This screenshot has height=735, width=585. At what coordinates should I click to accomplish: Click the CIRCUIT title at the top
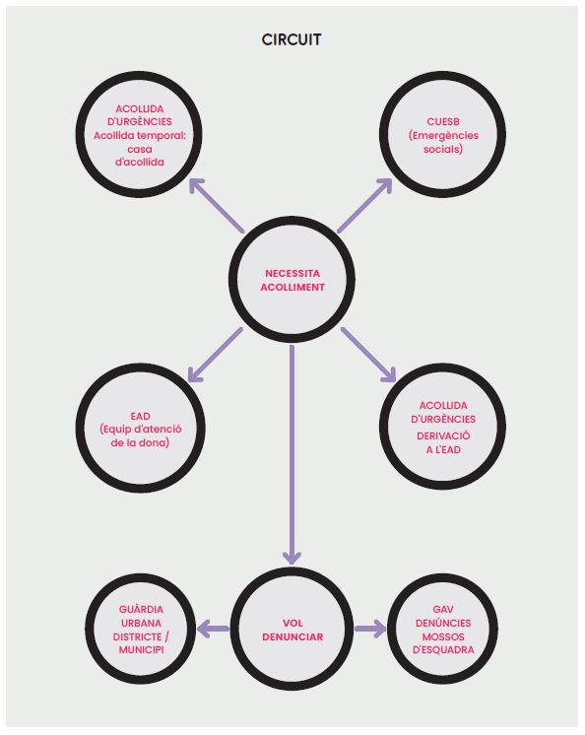pyautogui.click(x=292, y=39)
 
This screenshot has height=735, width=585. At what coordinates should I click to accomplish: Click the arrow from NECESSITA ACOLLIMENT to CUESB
pyautogui.click(x=364, y=205)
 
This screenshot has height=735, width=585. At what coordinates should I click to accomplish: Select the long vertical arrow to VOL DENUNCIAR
pyautogui.click(x=292, y=454)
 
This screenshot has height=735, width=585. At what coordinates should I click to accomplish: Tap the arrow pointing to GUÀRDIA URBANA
pyautogui.click(x=214, y=629)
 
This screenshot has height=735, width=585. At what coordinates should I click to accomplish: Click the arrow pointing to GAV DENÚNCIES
pyautogui.click(x=370, y=629)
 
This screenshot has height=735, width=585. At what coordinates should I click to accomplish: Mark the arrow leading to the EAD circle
pyautogui.click(x=215, y=355)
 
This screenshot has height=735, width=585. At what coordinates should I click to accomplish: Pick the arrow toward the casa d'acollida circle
pyautogui.click(x=217, y=205)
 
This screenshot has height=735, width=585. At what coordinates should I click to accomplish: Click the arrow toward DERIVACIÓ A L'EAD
pyautogui.click(x=369, y=355)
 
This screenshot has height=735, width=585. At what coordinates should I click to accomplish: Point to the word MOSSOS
pyautogui.click(x=443, y=636)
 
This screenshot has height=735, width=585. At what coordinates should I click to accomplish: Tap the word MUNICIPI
pyautogui.click(x=141, y=649)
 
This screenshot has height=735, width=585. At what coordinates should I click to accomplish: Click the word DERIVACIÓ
pyautogui.click(x=443, y=435)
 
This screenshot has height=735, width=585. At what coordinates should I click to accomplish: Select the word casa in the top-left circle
pyautogui.click(x=140, y=149)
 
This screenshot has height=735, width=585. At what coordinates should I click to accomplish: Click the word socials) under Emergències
pyautogui.click(x=443, y=149)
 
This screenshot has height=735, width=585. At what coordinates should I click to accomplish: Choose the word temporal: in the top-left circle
pyautogui.click(x=162, y=135)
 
